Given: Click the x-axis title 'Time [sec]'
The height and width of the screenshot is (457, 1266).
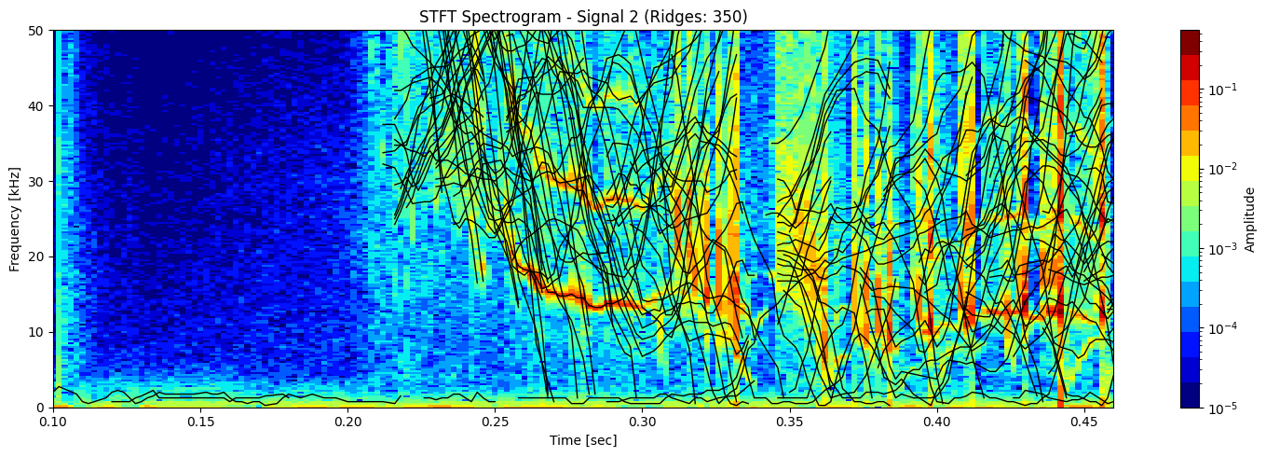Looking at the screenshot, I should (x=582, y=440).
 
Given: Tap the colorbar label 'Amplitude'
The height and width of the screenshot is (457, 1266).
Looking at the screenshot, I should (x=1251, y=218).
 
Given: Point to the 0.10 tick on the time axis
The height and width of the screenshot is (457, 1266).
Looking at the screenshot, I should (x=53, y=422).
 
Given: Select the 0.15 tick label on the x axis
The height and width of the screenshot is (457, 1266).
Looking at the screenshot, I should (x=200, y=422).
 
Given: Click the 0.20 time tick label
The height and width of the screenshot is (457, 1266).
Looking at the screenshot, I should (x=347, y=422).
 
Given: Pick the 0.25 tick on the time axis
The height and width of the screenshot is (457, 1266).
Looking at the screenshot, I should (x=495, y=422).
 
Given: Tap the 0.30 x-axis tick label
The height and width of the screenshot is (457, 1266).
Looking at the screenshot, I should (x=642, y=422).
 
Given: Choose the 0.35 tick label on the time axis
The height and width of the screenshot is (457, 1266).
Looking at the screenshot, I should (x=789, y=422).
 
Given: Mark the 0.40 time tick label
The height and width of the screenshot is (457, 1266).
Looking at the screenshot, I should (x=936, y=422).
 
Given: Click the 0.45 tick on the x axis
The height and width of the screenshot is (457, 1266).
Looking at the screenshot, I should (x=1083, y=422).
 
